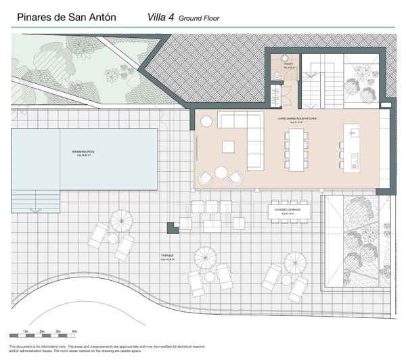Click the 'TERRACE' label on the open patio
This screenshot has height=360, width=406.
(x=167, y=256)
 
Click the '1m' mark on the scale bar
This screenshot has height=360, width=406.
(x=25, y=331)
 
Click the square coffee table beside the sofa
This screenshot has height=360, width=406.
(x=228, y=146)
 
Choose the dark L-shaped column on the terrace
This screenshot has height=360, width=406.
(x=173, y=227)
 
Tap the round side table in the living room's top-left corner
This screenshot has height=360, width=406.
(x=206, y=121)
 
